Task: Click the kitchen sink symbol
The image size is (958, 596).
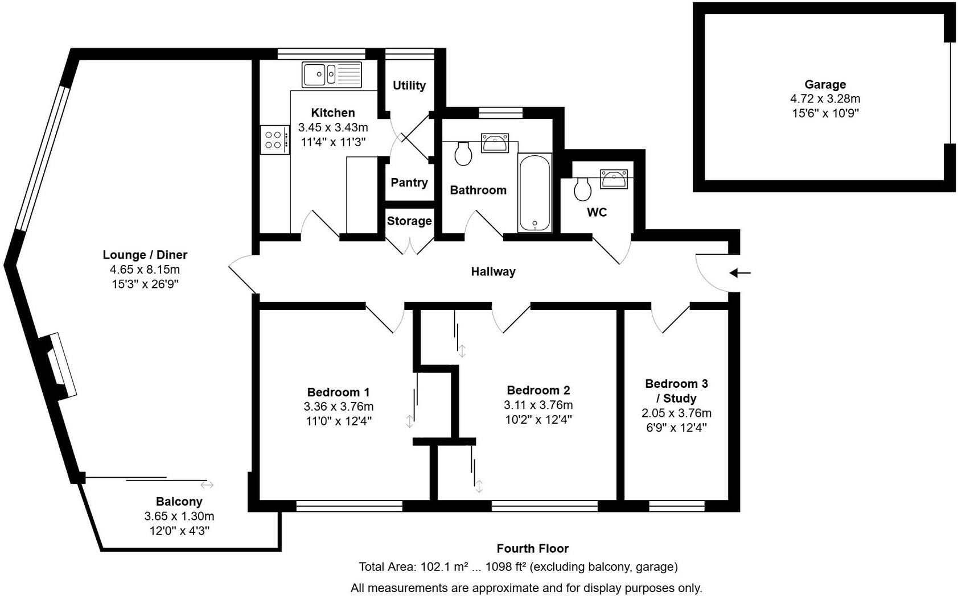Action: click(x=332, y=74)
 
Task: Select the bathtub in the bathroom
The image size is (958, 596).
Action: click(x=534, y=192)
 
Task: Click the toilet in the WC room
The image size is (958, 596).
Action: click(x=582, y=189)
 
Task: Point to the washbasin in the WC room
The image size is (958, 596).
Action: click(x=614, y=179)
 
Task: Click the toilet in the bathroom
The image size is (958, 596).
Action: click(x=463, y=154)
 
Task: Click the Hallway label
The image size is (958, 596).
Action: click(x=493, y=272)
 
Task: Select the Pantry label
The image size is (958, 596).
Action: click(x=409, y=183)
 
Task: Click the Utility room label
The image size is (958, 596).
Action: click(x=409, y=85)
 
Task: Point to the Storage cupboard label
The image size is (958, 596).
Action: click(x=409, y=221)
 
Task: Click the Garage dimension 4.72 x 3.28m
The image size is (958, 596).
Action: click(x=825, y=99)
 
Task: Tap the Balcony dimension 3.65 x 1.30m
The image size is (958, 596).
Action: click(x=179, y=516)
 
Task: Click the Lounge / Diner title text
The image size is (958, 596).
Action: click(x=145, y=255)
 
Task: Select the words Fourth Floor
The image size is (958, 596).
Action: click(x=532, y=548)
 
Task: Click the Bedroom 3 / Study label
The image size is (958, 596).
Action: click(x=676, y=391)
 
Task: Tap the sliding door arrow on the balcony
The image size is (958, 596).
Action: click(x=207, y=485)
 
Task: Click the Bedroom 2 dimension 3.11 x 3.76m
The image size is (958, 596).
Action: click(x=538, y=405)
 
